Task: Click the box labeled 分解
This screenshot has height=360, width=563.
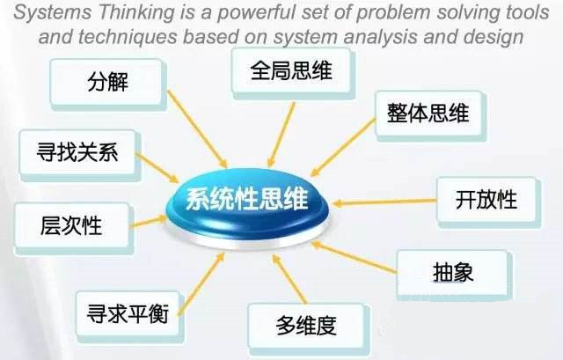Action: point(108,84)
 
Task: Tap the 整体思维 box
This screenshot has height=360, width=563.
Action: point(430,115)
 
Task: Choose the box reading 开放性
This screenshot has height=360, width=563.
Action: point(487,202)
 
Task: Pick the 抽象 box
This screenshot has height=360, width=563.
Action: point(454,275)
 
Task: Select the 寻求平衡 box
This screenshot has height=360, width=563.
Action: point(129,316)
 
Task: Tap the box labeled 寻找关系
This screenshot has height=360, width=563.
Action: point(79,155)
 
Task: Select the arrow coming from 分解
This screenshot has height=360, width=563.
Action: point(197,129)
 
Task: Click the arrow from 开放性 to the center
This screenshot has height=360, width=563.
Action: point(384,202)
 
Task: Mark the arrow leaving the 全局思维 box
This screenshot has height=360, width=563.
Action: point(281,135)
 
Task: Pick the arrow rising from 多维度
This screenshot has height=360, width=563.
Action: point(289,279)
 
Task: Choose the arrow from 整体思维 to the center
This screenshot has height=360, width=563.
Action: point(343,148)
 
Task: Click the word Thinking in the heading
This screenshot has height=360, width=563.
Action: point(135,12)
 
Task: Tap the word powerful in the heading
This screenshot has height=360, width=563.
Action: point(256,12)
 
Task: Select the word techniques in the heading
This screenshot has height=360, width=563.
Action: point(128,37)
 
